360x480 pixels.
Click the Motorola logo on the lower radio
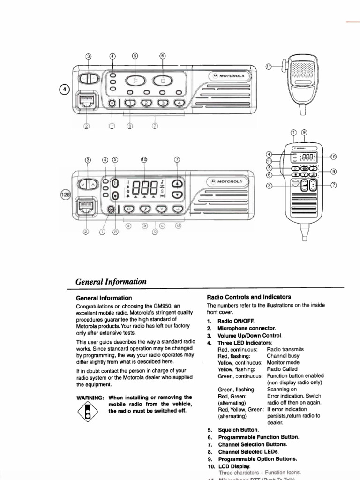pos(229,181)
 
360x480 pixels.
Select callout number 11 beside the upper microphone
pos(268,67)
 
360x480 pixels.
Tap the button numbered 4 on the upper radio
pos(179,104)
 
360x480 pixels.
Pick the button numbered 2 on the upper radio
pos(147,104)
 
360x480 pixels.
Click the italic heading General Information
pos(111,282)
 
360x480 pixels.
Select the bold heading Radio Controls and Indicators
pos(249,297)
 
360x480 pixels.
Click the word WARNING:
pos(90,397)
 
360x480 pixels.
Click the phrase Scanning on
pos(282,389)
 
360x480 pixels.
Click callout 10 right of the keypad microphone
pos(333,157)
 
